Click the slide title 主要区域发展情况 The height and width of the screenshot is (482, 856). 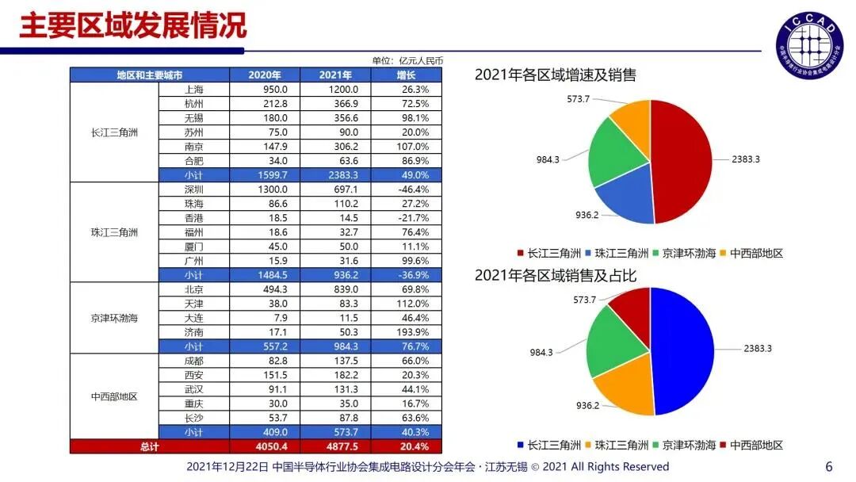click(132, 25)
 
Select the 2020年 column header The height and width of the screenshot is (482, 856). click(264, 75)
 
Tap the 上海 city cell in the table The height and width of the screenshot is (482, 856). click(193, 90)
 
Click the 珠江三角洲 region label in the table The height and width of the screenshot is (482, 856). click(114, 232)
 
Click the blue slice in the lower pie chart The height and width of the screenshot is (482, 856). click(682, 349)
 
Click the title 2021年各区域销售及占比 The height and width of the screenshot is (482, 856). click(556, 275)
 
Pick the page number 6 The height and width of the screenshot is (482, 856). click(829, 467)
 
